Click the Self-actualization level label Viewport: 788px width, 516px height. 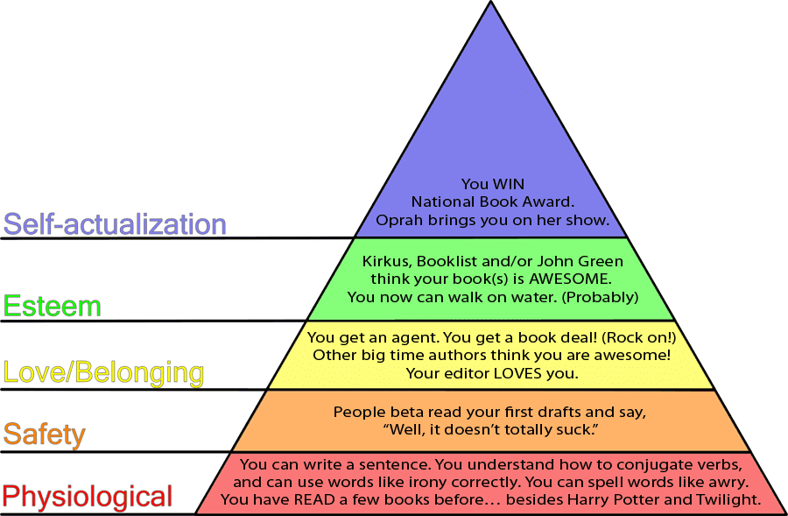click(115, 224)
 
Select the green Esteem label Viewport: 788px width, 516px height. click(53, 306)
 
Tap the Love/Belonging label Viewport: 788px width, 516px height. click(103, 372)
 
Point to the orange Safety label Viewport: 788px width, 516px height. click(45, 435)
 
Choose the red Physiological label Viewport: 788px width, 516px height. click(88, 497)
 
